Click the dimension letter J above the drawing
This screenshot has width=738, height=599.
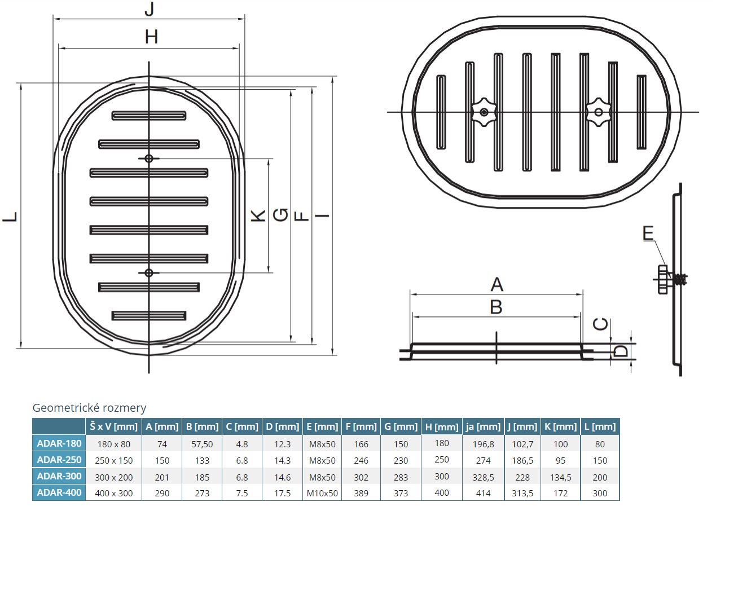coord(149,9)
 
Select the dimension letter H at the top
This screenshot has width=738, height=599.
coord(151,37)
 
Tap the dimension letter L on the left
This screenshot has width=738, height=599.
coord(11,217)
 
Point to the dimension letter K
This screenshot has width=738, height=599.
coord(258,215)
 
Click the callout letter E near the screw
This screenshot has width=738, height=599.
coord(648,233)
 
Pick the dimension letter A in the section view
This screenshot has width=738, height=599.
coord(497,284)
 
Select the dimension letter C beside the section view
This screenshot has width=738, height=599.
coord(601,324)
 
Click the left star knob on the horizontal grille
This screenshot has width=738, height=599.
coord(484,112)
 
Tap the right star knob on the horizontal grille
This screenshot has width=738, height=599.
coord(599,112)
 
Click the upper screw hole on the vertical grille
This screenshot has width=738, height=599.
coord(149,158)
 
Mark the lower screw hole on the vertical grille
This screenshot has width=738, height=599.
coord(149,273)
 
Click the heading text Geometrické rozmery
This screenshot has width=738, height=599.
coord(89,408)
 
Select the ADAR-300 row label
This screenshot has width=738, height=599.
coord(59,476)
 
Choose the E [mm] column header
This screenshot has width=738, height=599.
coord(322,426)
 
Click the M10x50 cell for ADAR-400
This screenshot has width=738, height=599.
coord(322,493)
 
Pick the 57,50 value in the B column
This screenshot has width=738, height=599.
coord(202,444)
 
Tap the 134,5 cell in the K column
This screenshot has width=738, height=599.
coord(560,477)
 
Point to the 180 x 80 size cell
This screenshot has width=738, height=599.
coord(113,444)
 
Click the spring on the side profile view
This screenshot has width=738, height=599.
coord(681,279)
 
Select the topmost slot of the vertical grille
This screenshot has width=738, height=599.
coord(149,116)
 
